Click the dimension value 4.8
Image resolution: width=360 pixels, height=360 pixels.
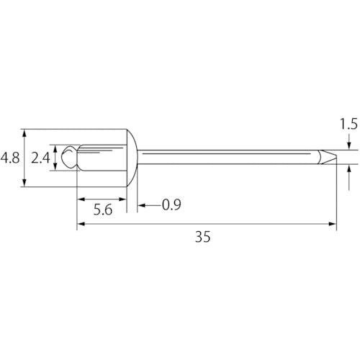point(10,158)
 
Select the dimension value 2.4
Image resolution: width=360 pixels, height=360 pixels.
point(40,158)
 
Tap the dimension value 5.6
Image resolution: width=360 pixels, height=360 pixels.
point(103,210)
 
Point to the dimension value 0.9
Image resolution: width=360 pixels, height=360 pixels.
point(171,204)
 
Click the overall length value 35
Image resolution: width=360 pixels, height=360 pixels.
point(203,237)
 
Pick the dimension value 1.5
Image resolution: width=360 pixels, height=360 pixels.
point(348,125)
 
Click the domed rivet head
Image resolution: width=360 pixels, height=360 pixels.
point(132,158)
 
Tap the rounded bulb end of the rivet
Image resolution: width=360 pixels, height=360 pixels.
point(69,157)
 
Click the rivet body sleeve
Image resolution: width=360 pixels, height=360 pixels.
point(102,158)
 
